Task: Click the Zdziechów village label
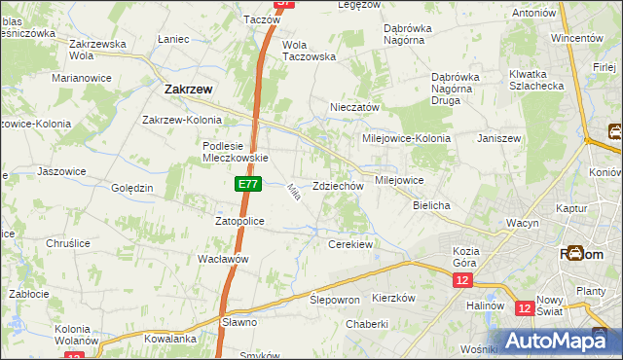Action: click(x=338, y=186)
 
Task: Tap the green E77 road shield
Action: click(x=247, y=183)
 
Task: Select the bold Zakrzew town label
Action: click(x=182, y=89)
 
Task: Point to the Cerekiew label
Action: click(x=350, y=244)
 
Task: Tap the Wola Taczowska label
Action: click(x=309, y=51)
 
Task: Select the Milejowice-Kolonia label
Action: click(x=408, y=138)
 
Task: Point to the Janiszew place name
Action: click(x=499, y=138)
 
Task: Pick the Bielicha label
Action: click(x=431, y=205)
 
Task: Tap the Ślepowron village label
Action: click(x=335, y=300)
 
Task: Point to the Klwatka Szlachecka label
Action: click(x=534, y=80)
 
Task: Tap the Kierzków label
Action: click(x=394, y=298)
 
